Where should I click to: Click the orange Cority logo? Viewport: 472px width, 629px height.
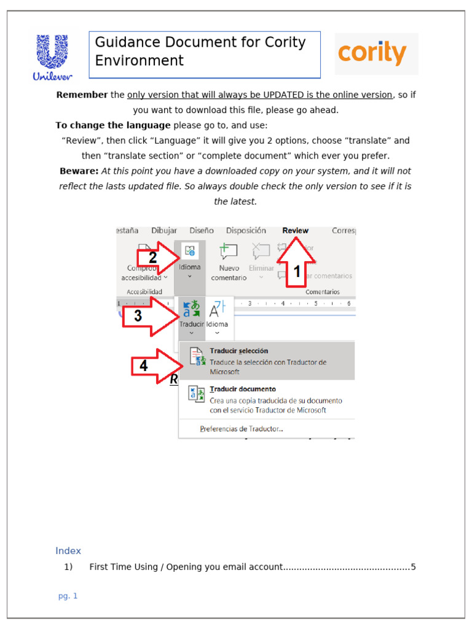372,53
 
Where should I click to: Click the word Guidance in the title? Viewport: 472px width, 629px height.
126,42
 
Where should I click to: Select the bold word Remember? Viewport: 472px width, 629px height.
82,95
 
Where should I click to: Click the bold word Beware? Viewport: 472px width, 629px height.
79,171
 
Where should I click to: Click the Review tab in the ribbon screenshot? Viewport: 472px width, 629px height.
296,230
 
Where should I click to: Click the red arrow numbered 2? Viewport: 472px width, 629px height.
156,257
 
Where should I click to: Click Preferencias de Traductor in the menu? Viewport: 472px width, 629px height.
242,429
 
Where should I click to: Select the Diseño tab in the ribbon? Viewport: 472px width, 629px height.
202,230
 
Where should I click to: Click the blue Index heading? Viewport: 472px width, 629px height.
68,551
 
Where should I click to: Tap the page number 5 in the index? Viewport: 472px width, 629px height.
414,567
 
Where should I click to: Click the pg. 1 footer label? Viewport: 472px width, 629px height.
68,596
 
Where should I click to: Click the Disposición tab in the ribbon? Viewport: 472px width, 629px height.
246,230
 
